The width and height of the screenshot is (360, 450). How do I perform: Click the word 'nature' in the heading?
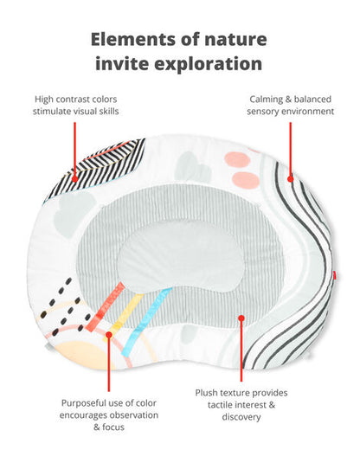[235, 40]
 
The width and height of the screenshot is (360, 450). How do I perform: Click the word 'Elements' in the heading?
[131, 39]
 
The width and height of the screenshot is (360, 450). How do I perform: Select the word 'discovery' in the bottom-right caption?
[241, 417]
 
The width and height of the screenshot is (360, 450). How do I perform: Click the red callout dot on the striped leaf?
[74, 179]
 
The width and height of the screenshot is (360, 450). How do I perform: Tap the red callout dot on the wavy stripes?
[291, 179]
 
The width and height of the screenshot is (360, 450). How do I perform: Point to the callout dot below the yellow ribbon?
[109, 334]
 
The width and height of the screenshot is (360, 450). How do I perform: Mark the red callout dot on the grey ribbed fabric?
[241, 318]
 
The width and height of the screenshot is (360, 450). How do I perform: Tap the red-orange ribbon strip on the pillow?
[106, 307]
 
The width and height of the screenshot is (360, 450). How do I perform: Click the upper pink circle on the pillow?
[236, 159]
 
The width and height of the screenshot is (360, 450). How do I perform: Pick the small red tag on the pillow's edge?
[335, 275]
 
